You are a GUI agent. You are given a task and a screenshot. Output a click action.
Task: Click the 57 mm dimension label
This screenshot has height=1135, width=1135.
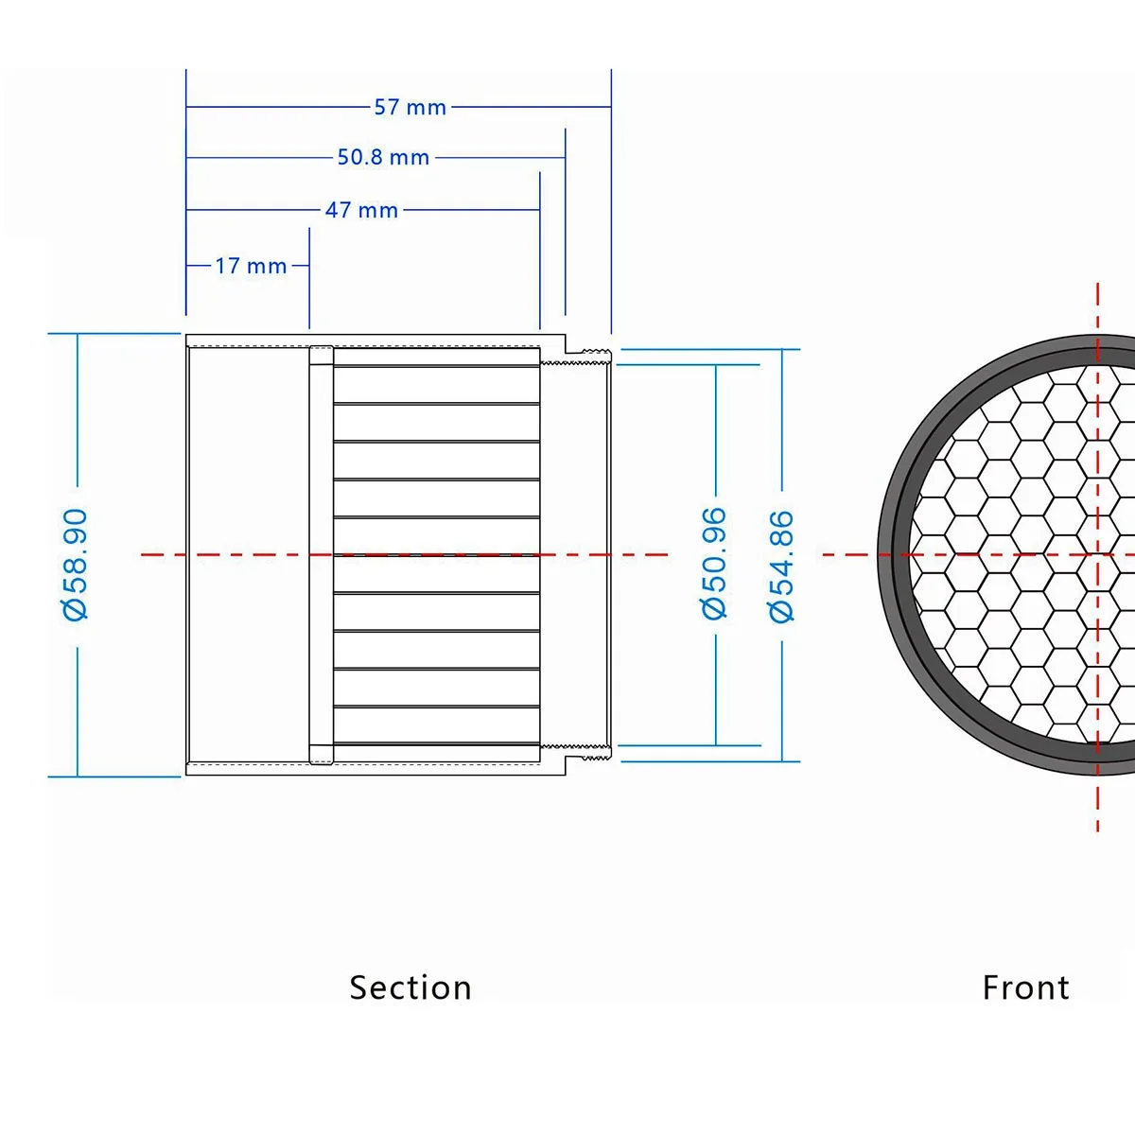tap(410, 107)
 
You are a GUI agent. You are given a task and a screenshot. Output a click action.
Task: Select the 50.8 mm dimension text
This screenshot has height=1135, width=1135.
tap(383, 157)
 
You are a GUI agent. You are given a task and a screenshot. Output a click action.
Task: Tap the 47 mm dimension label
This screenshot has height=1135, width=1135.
tap(361, 210)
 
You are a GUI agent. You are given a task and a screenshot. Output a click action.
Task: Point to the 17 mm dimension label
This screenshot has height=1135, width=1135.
tap(251, 266)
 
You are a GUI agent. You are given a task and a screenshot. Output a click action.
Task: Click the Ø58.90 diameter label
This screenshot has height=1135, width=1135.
tap(76, 565)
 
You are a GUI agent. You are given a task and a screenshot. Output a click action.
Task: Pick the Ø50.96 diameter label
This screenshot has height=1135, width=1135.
tap(714, 563)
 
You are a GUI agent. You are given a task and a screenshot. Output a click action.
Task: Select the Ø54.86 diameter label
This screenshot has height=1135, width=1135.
tap(781, 566)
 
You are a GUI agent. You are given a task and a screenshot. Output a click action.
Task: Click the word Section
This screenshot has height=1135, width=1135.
tap(410, 987)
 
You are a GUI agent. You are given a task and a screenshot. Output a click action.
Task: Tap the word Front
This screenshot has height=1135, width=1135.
tap(1025, 987)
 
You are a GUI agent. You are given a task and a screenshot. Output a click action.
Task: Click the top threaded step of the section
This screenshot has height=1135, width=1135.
tap(576, 357)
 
